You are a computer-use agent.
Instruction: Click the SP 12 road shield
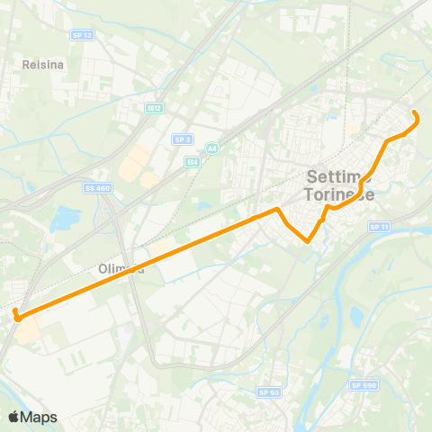pos(81,34)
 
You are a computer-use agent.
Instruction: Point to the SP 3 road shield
pos(182,139)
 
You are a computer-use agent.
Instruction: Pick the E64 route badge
pos(192,162)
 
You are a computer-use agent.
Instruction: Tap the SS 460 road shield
pos(99,188)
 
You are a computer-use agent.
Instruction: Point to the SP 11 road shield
pos(378,227)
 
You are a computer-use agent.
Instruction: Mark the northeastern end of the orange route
pos(415,112)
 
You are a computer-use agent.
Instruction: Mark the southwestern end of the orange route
pos(16,314)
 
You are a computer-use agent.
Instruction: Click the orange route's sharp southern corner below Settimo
pos(308,241)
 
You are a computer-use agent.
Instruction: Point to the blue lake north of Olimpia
pos(65,218)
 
